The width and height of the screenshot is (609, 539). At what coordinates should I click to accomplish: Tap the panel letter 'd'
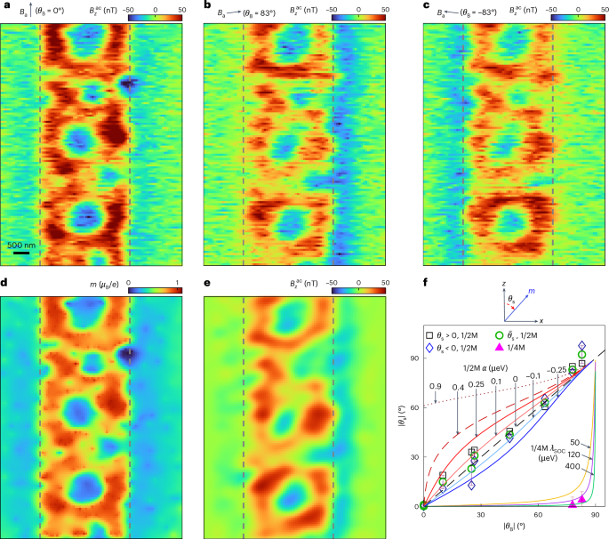point(4,284)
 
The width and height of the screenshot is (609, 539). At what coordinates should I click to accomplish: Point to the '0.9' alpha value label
point(436,386)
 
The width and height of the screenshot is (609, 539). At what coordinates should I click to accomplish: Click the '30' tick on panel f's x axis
point(480,515)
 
